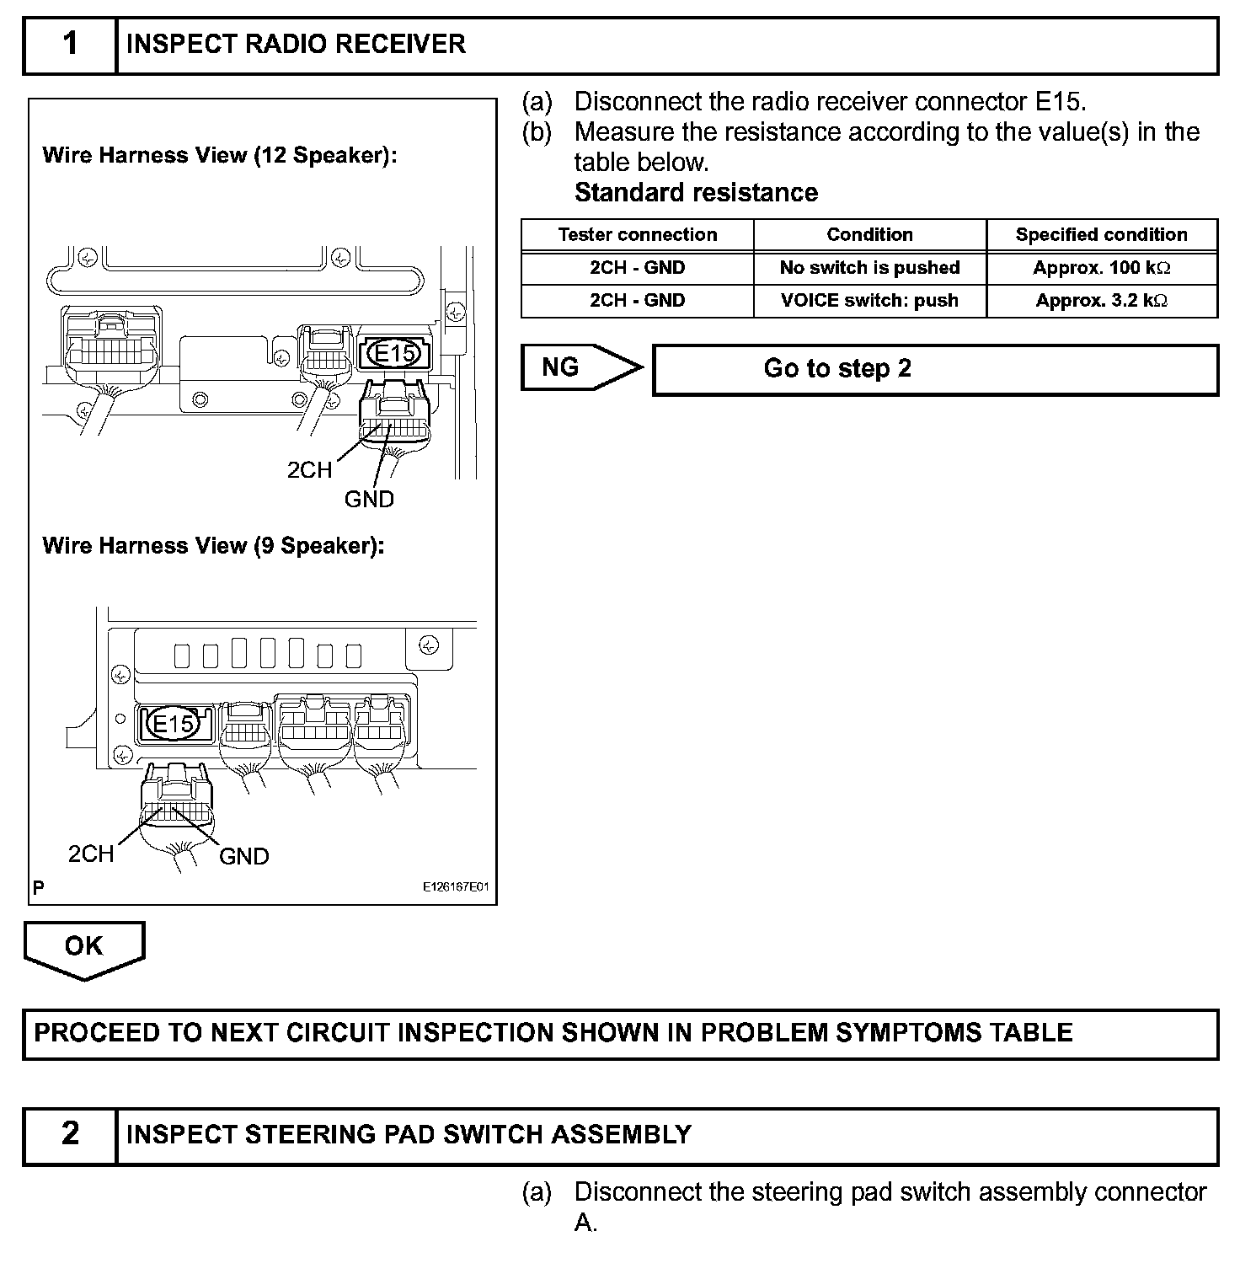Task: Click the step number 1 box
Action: click(x=70, y=44)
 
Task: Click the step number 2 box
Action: click(x=70, y=1134)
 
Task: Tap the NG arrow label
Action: click(x=561, y=367)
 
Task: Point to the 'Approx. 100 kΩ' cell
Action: click(x=1101, y=268)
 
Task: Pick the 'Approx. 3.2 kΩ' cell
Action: click(x=1101, y=301)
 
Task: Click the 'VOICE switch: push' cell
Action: click(x=869, y=301)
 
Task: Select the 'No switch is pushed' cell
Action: click(x=869, y=268)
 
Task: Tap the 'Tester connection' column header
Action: click(x=637, y=234)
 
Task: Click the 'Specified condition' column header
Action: click(x=1101, y=234)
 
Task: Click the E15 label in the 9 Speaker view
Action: click(x=174, y=724)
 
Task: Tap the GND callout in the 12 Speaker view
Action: click(x=369, y=499)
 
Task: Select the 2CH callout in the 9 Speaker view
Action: click(x=91, y=854)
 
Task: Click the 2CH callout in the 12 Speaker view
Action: click(x=309, y=470)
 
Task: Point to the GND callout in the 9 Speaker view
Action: click(x=243, y=856)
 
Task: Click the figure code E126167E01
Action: click(x=455, y=887)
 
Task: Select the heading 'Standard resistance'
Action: click(x=696, y=193)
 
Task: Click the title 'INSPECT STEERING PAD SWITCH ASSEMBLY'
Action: click(x=409, y=1134)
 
